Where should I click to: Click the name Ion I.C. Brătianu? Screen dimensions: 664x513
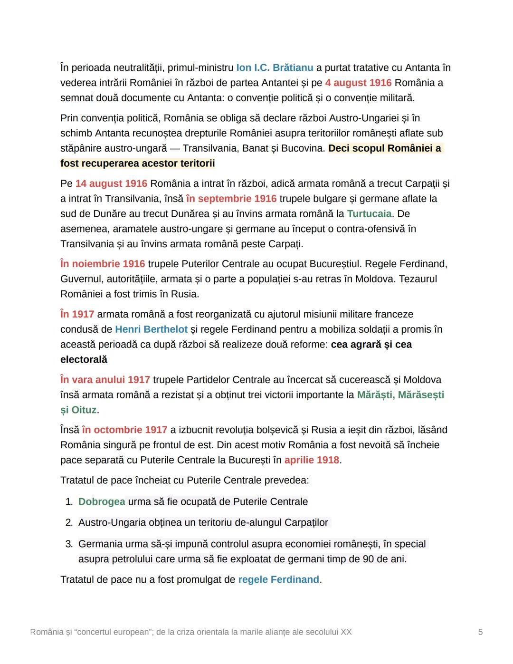(275, 68)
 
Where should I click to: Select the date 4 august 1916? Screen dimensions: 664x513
(358, 83)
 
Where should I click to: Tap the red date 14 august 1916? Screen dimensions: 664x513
(111, 183)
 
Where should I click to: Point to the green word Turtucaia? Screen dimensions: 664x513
(369, 214)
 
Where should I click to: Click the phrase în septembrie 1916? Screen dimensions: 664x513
(231, 199)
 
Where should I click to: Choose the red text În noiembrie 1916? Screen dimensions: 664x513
(103, 264)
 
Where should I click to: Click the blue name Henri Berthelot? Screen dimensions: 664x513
(151, 329)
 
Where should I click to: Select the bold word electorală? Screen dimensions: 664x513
(84, 360)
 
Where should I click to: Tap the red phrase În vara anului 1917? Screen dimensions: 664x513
(105, 380)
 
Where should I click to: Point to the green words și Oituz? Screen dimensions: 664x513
(78, 410)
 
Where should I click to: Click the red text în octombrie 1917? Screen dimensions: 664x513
(124, 430)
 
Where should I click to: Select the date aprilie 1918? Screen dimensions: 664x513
(312, 460)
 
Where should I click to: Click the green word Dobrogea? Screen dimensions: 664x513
(102, 502)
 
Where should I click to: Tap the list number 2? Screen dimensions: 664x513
(69, 523)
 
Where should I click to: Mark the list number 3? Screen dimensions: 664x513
(69, 544)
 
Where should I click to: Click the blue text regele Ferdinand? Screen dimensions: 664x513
(278, 580)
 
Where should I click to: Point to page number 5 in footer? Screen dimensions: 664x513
(480, 632)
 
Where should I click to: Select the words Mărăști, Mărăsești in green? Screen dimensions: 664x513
(400, 395)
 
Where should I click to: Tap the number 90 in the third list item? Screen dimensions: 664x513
(368, 559)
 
